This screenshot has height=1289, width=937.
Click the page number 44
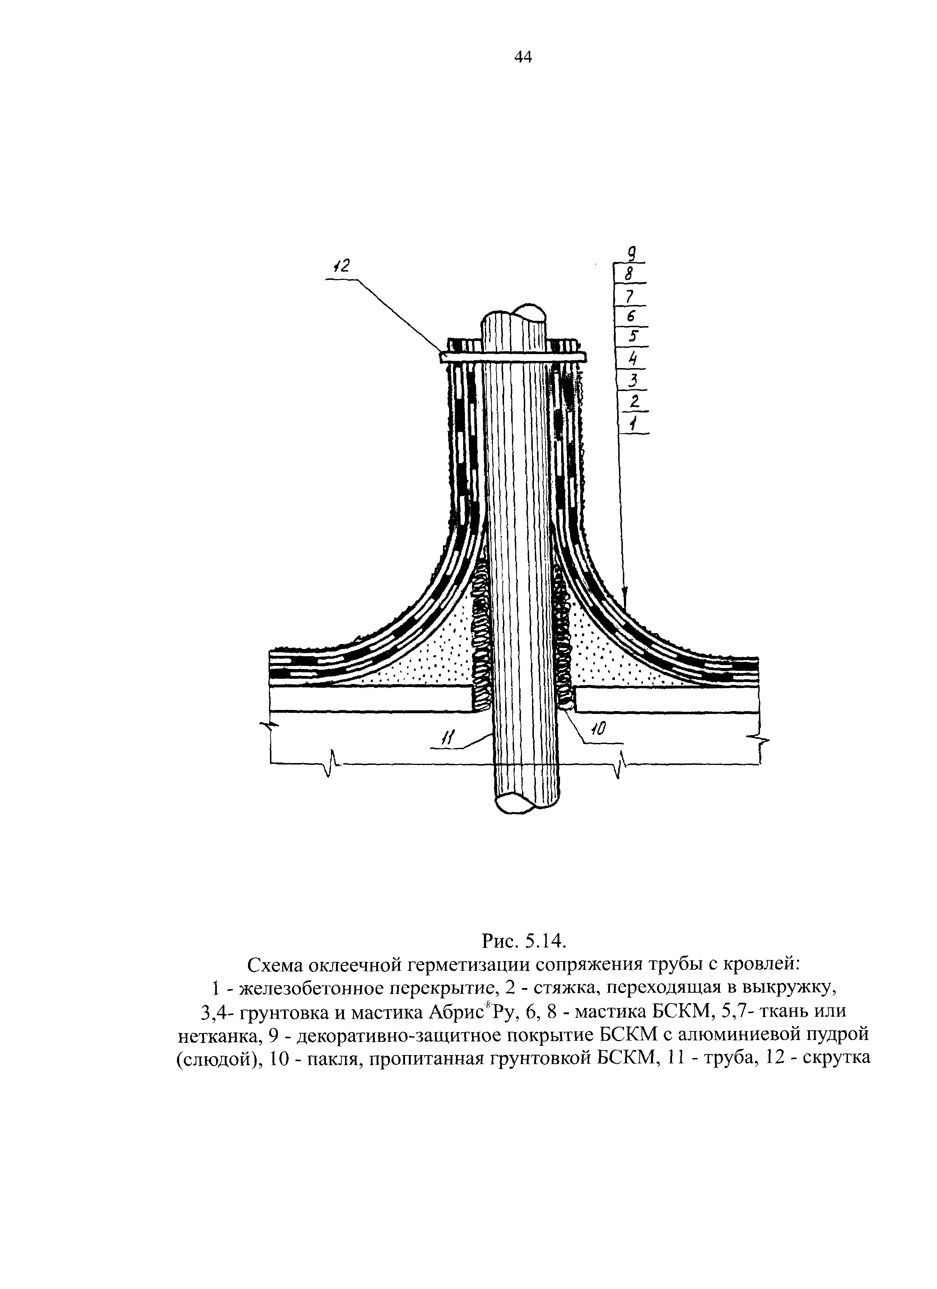522,57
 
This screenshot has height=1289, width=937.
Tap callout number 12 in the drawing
342,265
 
